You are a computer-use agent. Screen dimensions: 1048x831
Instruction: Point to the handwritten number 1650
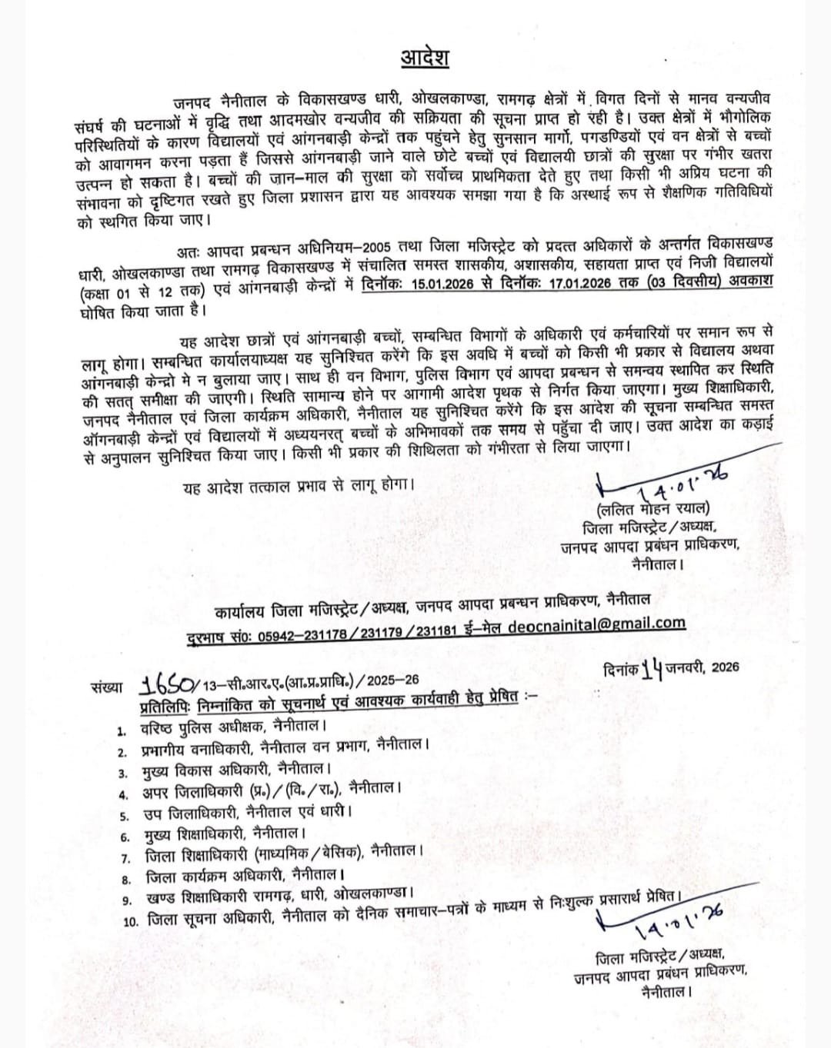[170, 684]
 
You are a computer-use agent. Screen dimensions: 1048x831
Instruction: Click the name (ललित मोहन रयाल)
[653, 509]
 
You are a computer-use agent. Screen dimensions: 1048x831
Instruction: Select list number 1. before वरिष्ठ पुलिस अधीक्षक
[121, 727]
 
